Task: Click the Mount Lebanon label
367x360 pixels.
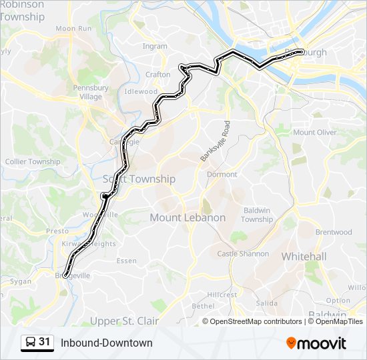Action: pos(188,217)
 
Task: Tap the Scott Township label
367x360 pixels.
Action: pos(139,179)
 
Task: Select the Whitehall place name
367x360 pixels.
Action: pos(304,256)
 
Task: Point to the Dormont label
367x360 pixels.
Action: pos(222,174)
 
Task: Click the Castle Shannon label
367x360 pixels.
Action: pos(243,253)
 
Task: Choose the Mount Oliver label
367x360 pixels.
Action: pos(315,132)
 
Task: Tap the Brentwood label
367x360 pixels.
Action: pos(334,232)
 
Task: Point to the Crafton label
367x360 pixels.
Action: pos(158,75)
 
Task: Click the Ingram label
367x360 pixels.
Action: pos(155,46)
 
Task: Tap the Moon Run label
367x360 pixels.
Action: pos(73,29)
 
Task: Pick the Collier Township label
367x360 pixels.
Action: pos(33,161)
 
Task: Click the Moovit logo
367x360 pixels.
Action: pos(316,343)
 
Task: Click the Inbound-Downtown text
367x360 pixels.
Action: pos(107,343)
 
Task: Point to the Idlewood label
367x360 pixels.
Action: pos(141,91)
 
